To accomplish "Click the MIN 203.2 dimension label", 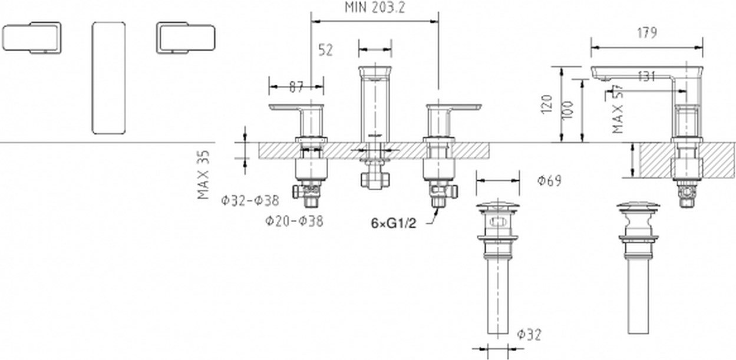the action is pyautogui.click(x=375, y=7).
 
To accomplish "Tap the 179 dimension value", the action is pyautogui.click(x=647, y=33).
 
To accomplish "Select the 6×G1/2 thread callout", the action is pyautogui.click(x=394, y=224).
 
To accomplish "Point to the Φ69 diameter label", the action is pyautogui.click(x=549, y=181).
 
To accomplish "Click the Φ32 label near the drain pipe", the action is pyautogui.click(x=529, y=335).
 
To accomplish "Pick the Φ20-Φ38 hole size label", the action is pyautogui.click(x=294, y=221).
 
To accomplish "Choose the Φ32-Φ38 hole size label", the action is pyautogui.click(x=250, y=200).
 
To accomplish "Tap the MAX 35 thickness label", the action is pyautogui.click(x=203, y=175).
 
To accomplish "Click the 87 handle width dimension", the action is pyautogui.click(x=296, y=87).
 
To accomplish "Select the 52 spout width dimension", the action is pyautogui.click(x=325, y=50).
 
